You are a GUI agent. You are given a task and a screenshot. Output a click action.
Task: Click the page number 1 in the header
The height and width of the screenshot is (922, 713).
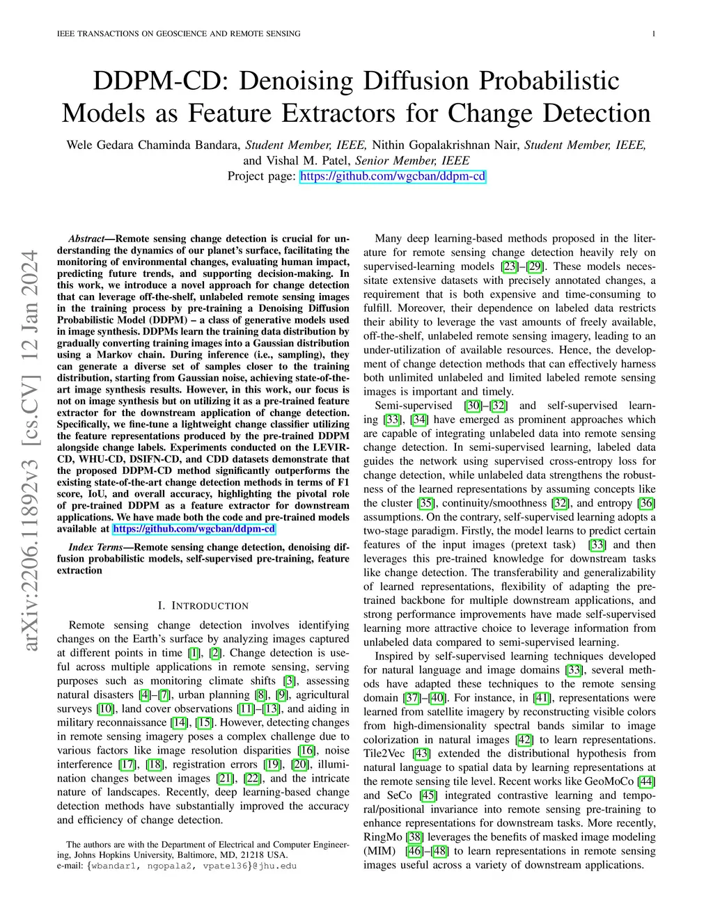pos(655,33)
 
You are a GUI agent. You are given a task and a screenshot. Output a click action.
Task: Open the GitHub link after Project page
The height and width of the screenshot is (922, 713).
pos(393,177)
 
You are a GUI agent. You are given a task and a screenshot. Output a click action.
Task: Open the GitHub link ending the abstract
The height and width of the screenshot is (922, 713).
pos(194,529)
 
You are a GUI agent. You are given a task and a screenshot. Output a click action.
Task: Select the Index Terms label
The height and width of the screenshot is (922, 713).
pos(95,548)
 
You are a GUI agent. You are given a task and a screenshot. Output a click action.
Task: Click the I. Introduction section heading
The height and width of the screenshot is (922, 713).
pos(203,606)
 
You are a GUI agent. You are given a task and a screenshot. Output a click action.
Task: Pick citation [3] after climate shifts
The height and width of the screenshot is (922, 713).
pos(290,681)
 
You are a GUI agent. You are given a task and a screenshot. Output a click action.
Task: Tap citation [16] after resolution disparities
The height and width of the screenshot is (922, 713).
pos(306,751)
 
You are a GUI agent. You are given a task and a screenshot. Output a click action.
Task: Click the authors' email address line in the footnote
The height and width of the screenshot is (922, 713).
pos(177,866)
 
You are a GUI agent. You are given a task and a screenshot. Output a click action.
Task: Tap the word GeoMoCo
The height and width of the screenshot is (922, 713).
pos(610,781)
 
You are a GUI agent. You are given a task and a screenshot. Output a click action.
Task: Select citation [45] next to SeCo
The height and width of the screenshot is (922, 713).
pos(428,795)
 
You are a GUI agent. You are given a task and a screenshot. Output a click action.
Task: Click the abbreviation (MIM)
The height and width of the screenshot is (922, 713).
pos(379,851)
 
